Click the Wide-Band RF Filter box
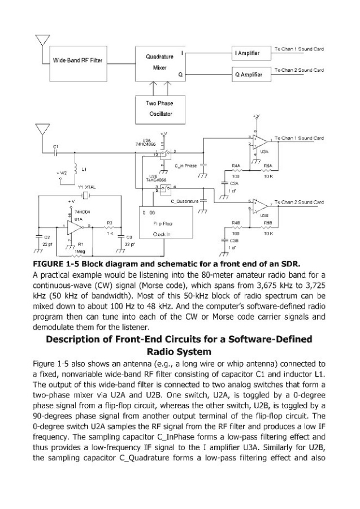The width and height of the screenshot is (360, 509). pos(77,60)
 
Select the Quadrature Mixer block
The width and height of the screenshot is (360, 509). pos(159,62)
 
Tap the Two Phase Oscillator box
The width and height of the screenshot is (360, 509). pos(159,109)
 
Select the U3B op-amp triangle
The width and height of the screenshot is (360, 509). pos(258,204)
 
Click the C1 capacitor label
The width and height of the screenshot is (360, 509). pos(55,147)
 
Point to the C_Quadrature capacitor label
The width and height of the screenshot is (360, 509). pos(185,201)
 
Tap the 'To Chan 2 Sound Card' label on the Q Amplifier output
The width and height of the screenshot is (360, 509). pos(299,70)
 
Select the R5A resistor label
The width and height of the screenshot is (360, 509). pos(268,166)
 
